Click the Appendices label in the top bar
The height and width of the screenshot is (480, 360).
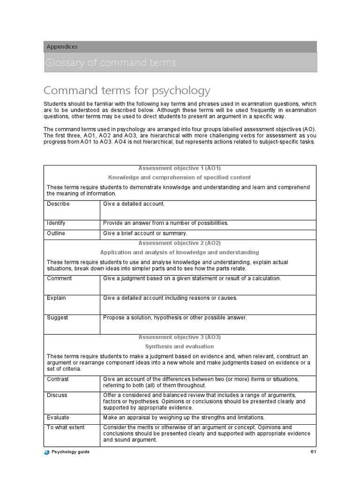pos(62,47)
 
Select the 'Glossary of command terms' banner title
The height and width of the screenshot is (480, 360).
pos(111,63)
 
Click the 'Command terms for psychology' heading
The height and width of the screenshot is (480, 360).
pos(127,90)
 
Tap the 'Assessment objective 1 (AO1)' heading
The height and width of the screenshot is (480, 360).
pos(180,168)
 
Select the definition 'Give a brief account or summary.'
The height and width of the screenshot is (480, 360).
pos(145,233)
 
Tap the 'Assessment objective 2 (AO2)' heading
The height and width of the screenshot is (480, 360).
pos(180,243)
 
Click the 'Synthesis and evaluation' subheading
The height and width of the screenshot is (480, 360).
pos(180,347)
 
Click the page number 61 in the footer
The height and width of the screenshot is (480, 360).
pos(313,452)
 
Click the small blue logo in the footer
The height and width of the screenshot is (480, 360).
pos(46,452)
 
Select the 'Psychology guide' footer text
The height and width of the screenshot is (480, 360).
pos(70,452)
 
